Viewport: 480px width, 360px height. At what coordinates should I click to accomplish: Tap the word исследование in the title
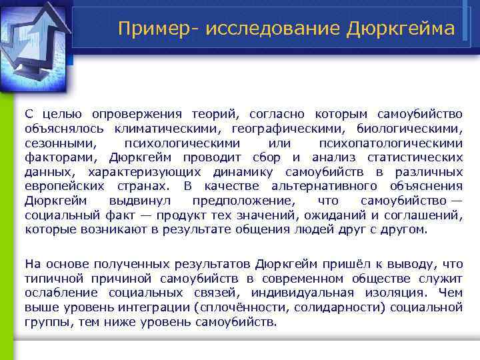click(261, 29)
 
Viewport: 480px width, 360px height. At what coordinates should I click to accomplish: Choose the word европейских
click(64, 186)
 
